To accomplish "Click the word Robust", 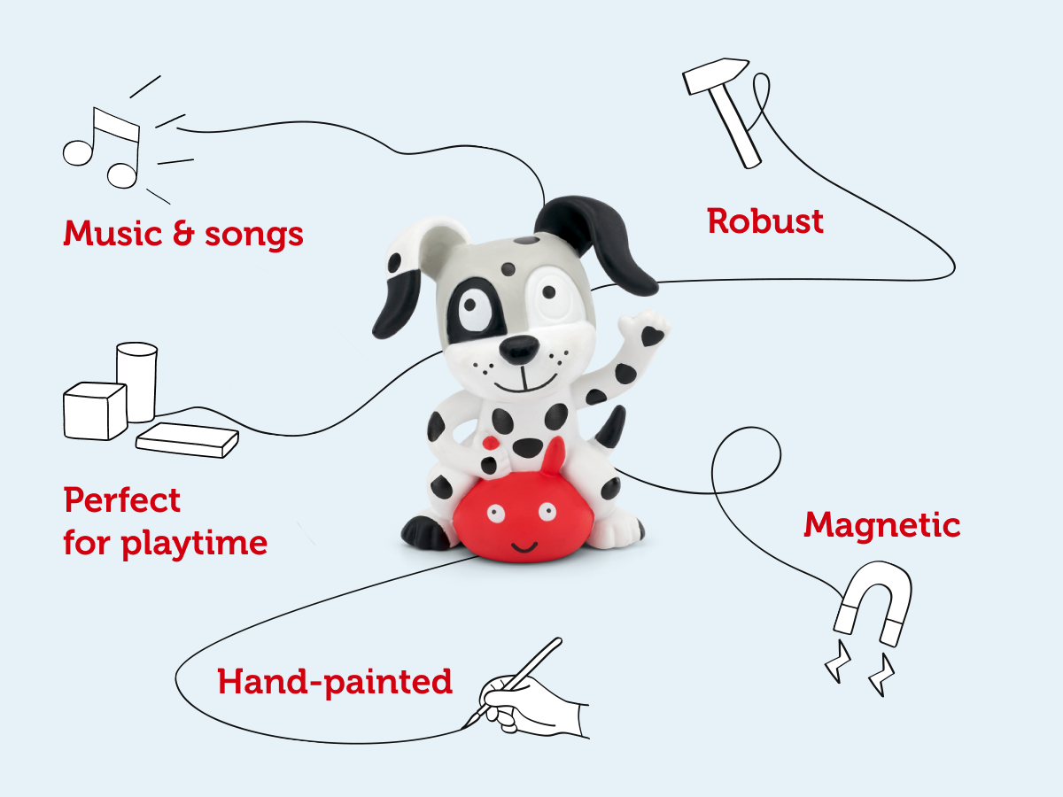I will tap(765, 221).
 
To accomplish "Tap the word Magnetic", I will tap(881, 525).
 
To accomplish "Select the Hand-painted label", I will tap(335, 682).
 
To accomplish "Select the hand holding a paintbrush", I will tap(531, 700).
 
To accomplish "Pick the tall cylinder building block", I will tap(136, 381).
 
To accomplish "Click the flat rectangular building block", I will tap(187, 439).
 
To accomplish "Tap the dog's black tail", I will tap(611, 430).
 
